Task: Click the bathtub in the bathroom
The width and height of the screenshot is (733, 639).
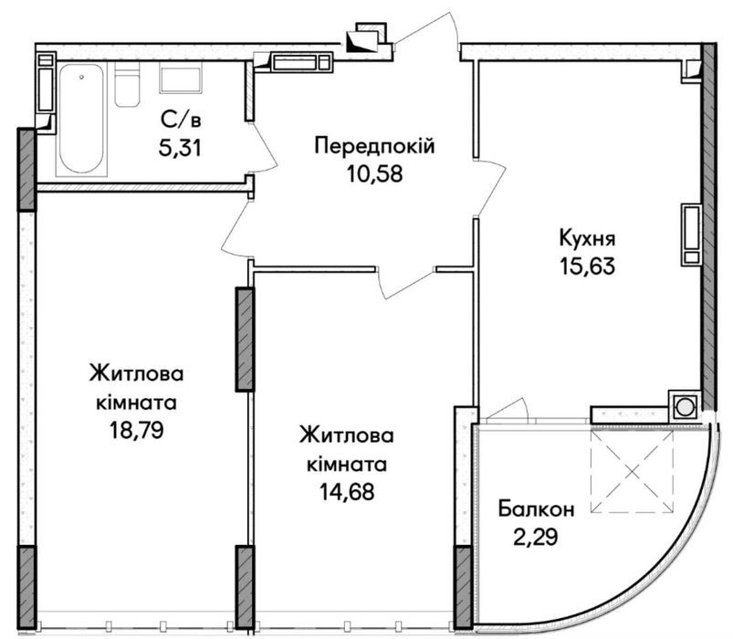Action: (x=82, y=120)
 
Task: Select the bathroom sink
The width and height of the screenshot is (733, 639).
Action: (x=181, y=80)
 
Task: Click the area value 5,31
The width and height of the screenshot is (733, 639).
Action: (x=180, y=148)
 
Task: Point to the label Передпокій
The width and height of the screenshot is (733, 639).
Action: (x=374, y=146)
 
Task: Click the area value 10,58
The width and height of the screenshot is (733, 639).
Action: (x=374, y=173)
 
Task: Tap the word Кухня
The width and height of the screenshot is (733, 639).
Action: (x=588, y=238)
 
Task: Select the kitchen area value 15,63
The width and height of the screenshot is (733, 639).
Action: (x=587, y=267)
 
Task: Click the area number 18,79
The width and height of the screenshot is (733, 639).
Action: (x=137, y=430)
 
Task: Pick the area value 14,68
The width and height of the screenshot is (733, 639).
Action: (x=347, y=492)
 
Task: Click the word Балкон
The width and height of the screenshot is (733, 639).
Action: (x=536, y=509)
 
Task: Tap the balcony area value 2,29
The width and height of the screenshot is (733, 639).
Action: (x=536, y=537)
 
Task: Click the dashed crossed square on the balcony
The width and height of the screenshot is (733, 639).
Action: (x=632, y=472)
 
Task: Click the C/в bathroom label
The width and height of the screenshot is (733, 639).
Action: (x=181, y=120)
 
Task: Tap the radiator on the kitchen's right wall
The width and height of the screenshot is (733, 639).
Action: (x=691, y=234)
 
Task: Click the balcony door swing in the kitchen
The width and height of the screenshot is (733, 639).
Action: (x=508, y=411)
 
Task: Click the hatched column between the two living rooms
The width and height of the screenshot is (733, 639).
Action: (x=245, y=340)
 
